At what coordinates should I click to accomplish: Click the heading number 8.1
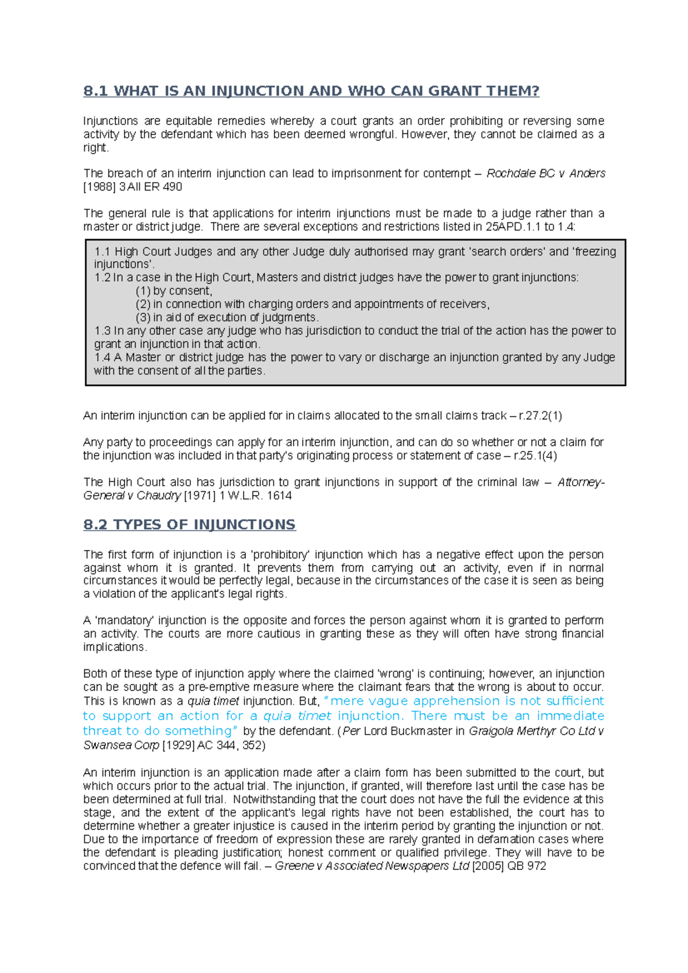[x=95, y=91]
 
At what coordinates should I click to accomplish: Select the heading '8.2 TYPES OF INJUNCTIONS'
[x=189, y=525]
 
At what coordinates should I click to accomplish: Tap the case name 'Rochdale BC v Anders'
[x=545, y=173]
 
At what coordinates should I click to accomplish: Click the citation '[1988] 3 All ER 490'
[x=132, y=187]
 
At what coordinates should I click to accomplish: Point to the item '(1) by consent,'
[x=174, y=291]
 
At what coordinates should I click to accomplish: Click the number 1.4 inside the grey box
[x=103, y=358]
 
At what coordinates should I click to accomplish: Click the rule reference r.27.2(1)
[x=540, y=416]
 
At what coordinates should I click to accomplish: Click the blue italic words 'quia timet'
[x=297, y=716]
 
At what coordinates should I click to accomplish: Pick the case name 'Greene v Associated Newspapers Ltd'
[x=372, y=866]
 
